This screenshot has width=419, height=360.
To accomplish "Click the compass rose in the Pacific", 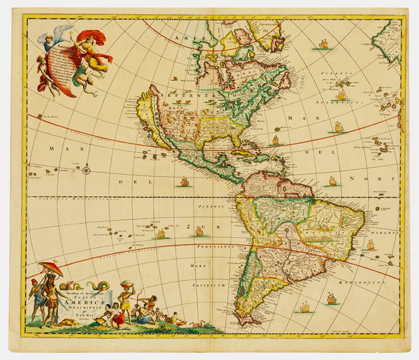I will click(86, 169).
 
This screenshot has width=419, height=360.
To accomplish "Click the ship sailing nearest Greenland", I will click(323, 45).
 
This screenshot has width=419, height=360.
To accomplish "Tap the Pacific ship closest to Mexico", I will click(184, 182).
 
